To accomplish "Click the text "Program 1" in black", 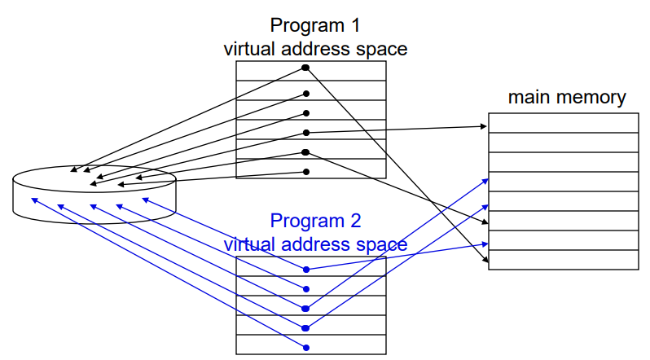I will [x=315, y=25].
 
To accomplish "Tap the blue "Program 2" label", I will [x=315, y=220].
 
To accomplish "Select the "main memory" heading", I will [x=567, y=98].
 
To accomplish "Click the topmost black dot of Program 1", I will [x=305, y=68].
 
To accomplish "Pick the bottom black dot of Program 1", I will [x=306, y=172].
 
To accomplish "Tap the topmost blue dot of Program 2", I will [x=306, y=270].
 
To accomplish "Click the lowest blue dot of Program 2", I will [x=306, y=348].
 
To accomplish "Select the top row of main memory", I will [x=564, y=123].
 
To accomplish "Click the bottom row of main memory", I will [x=564, y=260].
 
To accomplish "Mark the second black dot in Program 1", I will [x=306, y=94].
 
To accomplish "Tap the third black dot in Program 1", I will [x=306, y=113].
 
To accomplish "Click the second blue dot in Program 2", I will [x=306, y=288].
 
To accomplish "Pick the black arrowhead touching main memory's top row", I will [x=484, y=126].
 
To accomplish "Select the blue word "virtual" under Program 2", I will [x=250, y=244].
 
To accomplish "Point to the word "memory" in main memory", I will [x=595, y=98].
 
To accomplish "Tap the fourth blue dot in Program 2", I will [x=306, y=328].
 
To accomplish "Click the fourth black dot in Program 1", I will [x=306, y=133].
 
